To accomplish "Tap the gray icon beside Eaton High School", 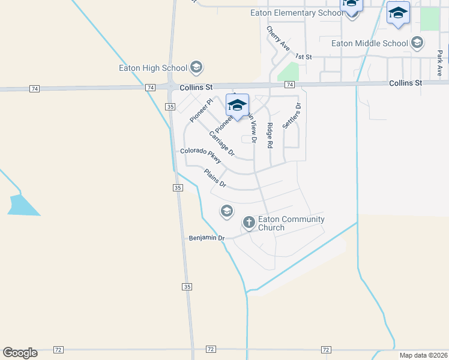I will (x=196, y=67).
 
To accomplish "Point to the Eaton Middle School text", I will (x=370, y=43).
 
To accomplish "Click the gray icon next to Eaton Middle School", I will (x=417, y=43).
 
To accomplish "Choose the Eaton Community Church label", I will (x=291, y=223).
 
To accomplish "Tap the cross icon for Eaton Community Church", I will (x=249, y=223).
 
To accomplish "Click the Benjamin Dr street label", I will (x=206, y=238).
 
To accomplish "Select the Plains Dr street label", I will (x=214, y=178).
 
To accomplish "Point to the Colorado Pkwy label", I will (x=201, y=155).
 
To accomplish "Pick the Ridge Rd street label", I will (x=270, y=136).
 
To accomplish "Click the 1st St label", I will (x=305, y=57).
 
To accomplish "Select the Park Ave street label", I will (x=440, y=62).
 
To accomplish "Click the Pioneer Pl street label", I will (x=201, y=110).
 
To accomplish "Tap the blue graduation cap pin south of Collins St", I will (x=237, y=105).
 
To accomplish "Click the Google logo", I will (x=20, y=353).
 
